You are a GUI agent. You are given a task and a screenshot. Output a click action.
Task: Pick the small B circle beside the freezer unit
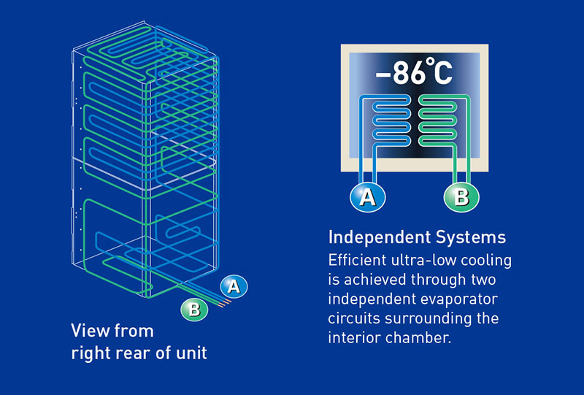tap(193, 309)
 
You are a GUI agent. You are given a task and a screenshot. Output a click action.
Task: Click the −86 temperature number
tap(401, 74)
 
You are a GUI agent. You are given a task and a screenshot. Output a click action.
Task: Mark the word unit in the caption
tap(191, 353)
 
